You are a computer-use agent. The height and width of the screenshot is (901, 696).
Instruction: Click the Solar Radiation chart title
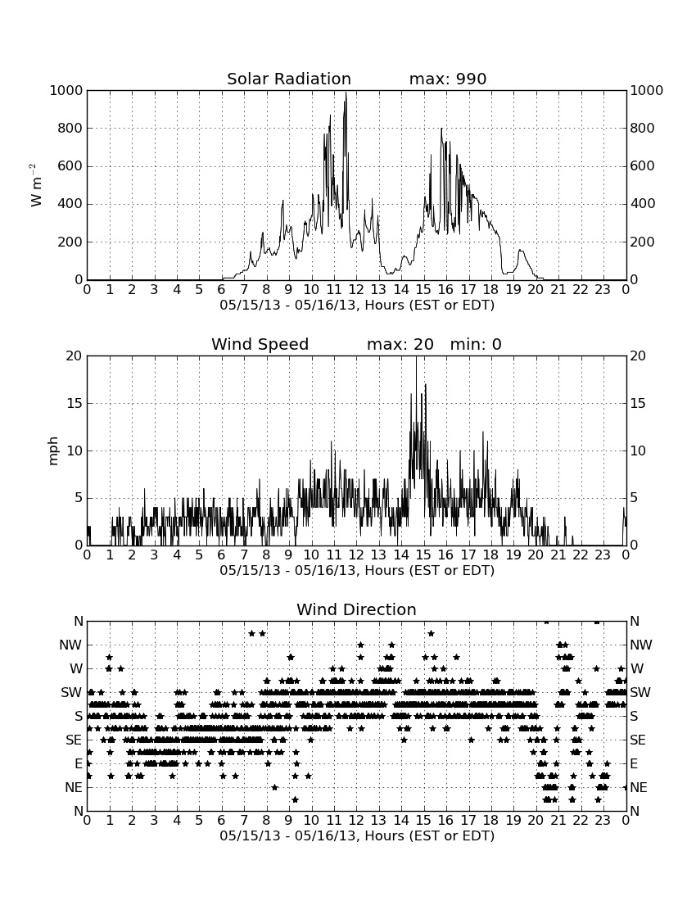point(289,79)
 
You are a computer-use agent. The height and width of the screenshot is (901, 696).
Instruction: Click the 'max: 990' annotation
point(448,79)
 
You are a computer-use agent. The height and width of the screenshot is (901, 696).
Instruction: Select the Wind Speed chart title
point(260,344)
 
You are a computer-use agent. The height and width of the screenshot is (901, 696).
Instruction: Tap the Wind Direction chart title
point(356,609)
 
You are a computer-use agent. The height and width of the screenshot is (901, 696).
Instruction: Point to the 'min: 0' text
point(476,344)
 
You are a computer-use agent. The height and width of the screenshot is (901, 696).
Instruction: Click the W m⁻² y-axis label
point(35,185)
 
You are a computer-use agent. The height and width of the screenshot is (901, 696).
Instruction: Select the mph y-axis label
point(53,450)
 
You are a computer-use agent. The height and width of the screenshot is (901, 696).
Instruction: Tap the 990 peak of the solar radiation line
point(346,93)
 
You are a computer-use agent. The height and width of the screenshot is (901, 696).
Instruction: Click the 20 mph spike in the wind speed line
point(416,357)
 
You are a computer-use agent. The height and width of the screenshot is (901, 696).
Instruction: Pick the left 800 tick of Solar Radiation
point(70,128)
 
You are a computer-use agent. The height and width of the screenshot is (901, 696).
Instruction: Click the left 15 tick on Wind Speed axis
point(75,403)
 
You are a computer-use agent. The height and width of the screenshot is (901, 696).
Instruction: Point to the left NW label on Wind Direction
point(70,645)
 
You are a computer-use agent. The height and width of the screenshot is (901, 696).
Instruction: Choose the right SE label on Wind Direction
point(638,740)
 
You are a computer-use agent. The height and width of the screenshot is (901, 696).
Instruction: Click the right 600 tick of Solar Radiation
point(643,166)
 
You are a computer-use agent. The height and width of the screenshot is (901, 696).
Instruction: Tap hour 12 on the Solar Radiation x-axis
point(356,290)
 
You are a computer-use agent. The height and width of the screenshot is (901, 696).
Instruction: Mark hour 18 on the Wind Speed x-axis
point(490,555)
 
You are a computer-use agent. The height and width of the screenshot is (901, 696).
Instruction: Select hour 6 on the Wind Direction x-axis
point(221,821)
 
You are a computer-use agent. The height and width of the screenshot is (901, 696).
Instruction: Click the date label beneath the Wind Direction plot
point(357,835)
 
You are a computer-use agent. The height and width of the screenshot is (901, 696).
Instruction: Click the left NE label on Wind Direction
point(74,788)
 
